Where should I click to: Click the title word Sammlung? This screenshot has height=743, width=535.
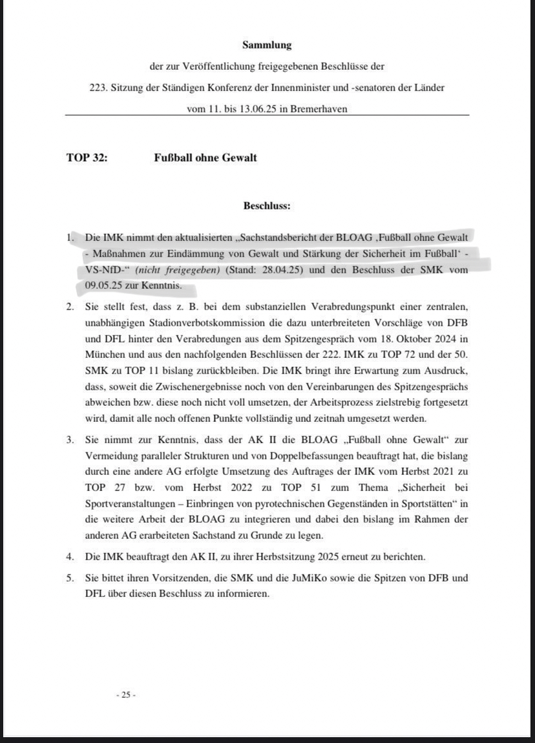click(267, 45)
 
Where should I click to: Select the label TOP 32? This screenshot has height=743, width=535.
click(87, 157)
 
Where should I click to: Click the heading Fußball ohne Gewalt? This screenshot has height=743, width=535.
click(205, 157)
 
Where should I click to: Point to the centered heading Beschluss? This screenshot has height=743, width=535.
click(267, 206)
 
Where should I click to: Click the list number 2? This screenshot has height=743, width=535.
click(70, 306)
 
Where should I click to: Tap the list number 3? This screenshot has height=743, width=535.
click(70, 439)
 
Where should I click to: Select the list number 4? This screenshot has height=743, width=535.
click(70, 556)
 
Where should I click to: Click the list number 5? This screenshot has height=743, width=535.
click(70, 578)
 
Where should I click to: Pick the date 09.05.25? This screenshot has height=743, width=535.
click(103, 285)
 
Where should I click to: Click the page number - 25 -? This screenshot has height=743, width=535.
click(126, 695)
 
